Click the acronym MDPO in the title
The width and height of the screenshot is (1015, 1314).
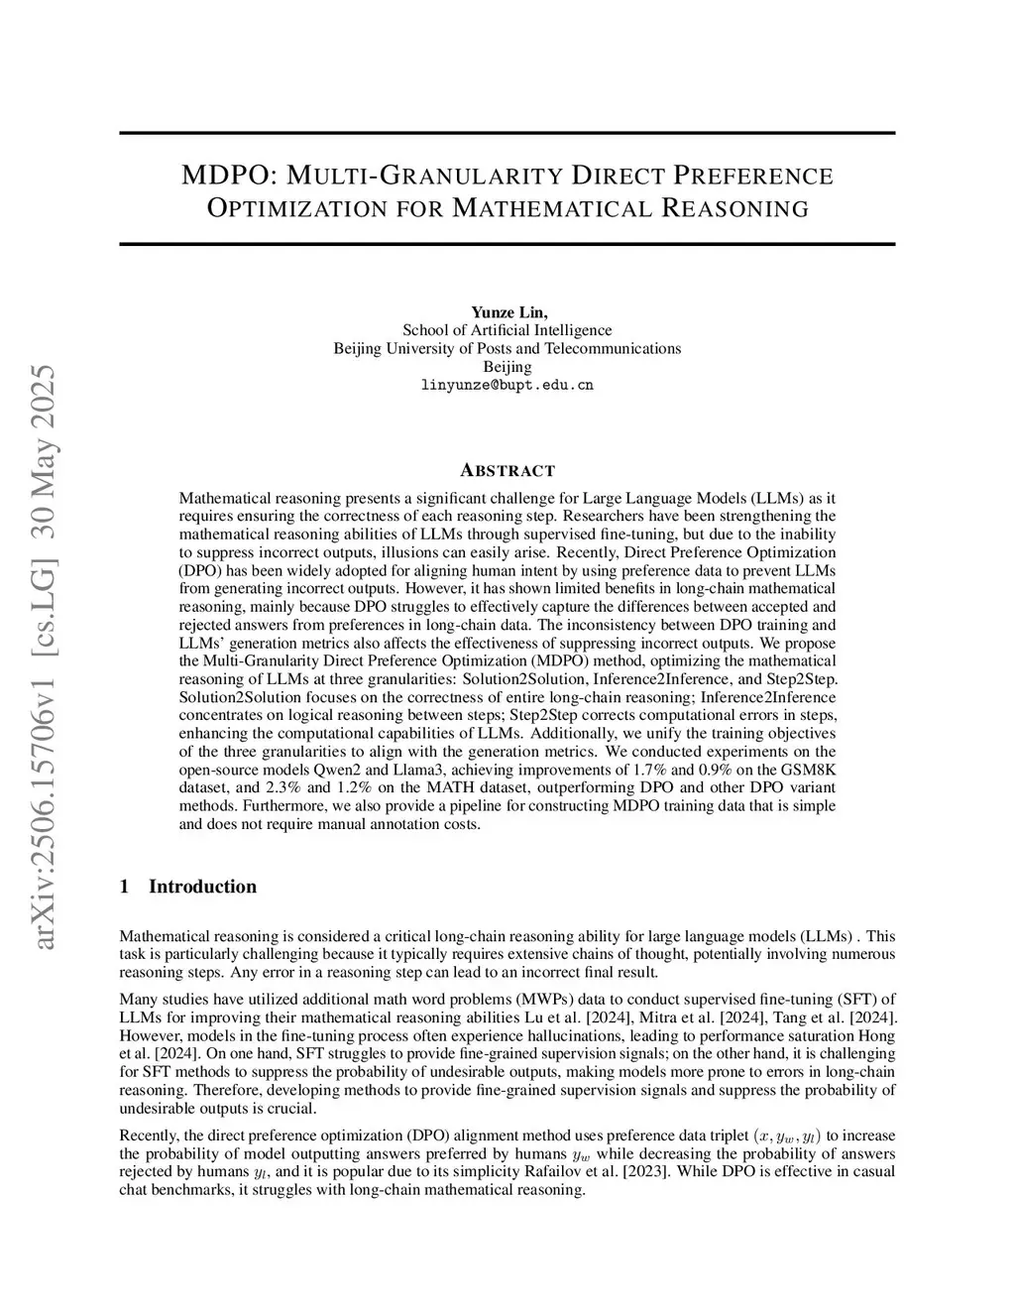[x=226, y=177]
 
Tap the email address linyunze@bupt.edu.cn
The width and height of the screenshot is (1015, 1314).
[x=507, y=385]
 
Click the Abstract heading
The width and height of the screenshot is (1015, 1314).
[x=507, y=470]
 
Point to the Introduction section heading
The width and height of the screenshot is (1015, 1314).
[x=202, y=887]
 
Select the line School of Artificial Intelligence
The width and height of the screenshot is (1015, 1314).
[x=507, y=330]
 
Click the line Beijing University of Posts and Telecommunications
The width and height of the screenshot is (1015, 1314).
[x=507, y=348]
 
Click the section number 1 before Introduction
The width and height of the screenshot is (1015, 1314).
[x=124, y=887]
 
